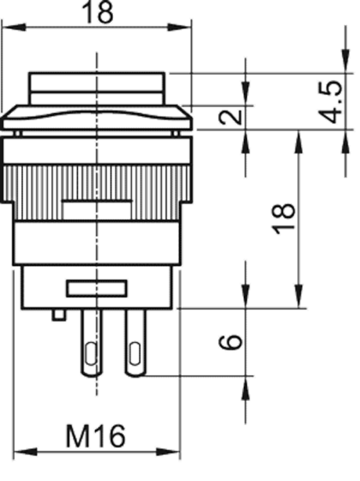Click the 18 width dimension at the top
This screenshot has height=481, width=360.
pos(97,12)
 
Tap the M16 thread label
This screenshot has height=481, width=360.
pos(96,436)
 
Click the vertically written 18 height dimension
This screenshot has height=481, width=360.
pos(284,219)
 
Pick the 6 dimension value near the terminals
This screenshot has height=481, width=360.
pos(231,342)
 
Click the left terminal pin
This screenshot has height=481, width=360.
pos(91,343)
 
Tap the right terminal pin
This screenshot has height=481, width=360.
pos(135,343)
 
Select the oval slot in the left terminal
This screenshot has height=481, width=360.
pos(91,354)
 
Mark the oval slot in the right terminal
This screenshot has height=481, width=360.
pos(135,354)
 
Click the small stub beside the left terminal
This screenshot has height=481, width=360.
pos(58,315)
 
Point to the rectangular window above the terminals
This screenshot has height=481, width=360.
pos(97,288)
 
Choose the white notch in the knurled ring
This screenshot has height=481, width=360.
pos(97,210)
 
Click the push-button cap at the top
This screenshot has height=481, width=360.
pos(97,89)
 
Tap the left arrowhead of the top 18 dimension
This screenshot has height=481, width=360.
pos(14,27)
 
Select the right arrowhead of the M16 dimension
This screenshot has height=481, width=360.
pos(168,451)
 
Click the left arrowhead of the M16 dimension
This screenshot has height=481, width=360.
pos(25,451)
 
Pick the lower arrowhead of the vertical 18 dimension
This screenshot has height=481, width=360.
pos(299,297)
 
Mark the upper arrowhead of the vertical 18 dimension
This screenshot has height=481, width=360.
pos(299,142)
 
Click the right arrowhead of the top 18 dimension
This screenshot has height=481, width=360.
pos(180,27)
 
